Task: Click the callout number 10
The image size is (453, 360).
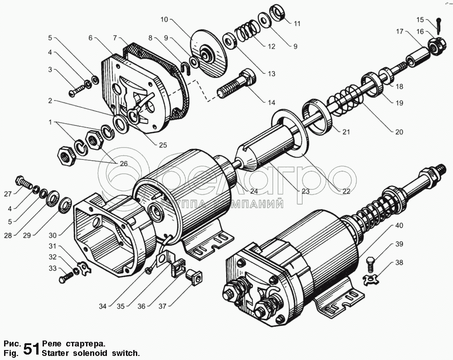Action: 164,19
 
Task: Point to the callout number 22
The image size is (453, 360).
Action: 346,191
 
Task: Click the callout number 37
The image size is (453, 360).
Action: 162,306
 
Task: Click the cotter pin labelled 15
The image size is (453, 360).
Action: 440,23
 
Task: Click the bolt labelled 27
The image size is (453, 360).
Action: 25,183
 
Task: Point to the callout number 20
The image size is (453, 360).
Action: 399,132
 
